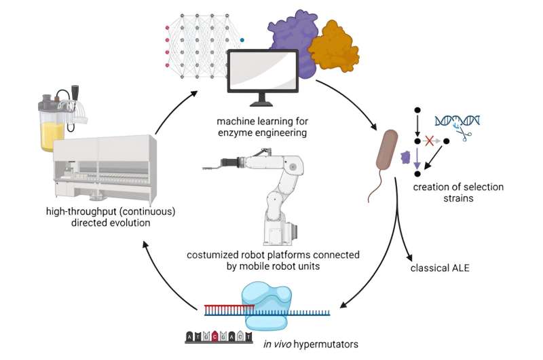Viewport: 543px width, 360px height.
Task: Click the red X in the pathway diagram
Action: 429,141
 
